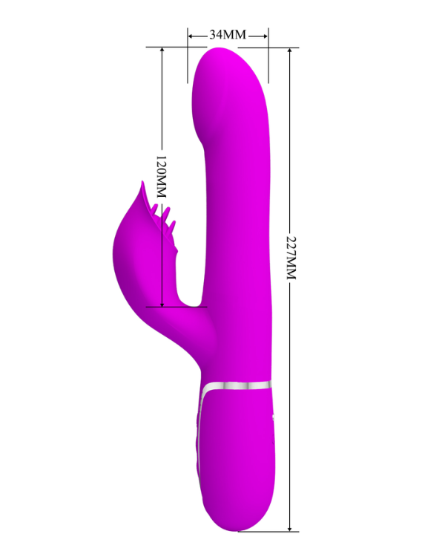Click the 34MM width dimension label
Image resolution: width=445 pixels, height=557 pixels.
pos(228,35)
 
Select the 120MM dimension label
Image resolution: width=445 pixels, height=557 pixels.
pos(161,177)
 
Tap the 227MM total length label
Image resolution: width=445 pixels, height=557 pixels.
pos(291,258)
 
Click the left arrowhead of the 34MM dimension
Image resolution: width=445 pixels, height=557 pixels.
pos(191,36)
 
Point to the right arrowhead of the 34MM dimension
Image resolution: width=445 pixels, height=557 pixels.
pos(265,36)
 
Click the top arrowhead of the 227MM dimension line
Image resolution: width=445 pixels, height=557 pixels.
pos(290,51)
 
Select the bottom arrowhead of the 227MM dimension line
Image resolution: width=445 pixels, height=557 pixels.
pos(290,528)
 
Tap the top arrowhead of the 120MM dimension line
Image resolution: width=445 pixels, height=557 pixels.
pos(162,51)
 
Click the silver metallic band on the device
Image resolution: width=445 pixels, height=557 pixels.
pos(237,385)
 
